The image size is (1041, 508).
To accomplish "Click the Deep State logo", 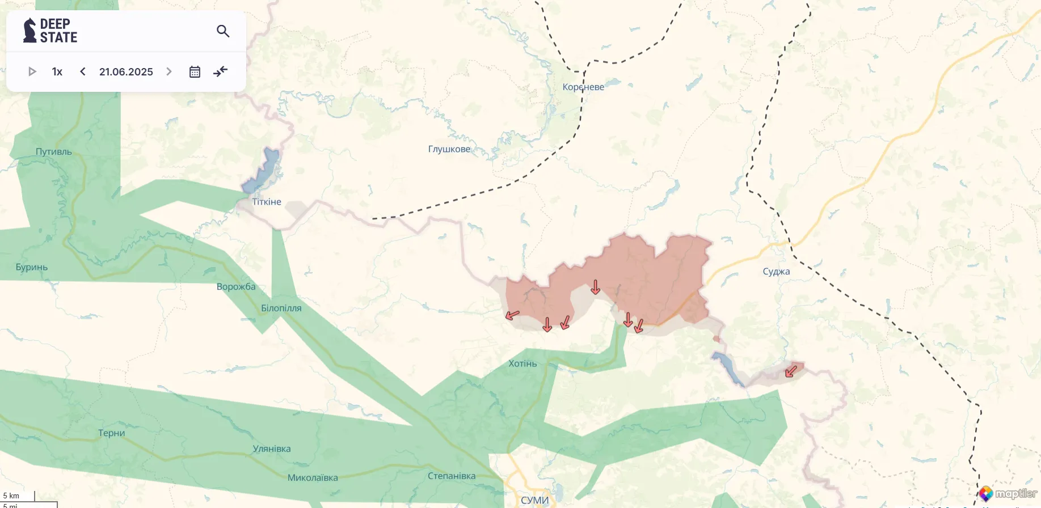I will coord(50,31).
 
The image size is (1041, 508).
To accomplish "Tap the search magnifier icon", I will coord(223,31).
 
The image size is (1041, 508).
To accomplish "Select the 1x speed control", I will coord(57,71).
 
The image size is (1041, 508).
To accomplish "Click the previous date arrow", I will coord(83,71).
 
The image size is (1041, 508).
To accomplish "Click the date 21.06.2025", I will coord(126,72).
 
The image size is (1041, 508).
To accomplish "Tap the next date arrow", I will coord(168,71).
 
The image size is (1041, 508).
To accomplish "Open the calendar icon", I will coord(195,72).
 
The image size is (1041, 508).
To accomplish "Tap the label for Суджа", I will coord(776,272).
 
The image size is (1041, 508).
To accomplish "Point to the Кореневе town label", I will coord(583,87).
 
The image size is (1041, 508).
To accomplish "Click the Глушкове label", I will coord(449,149).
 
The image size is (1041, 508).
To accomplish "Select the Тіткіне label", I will coord(267,202).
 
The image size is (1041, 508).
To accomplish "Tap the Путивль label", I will coord(54,152).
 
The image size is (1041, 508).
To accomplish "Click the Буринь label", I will coord(32,267).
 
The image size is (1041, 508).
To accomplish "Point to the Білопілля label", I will coord(281,308).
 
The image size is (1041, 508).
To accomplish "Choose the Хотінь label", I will coord(522,363).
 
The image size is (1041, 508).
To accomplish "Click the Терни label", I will coord(111,433).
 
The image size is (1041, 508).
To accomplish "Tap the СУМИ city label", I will coord(534,500).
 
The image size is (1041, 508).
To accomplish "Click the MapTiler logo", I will coord(1009,494).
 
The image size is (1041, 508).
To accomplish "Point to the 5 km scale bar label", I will coord(11,496).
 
